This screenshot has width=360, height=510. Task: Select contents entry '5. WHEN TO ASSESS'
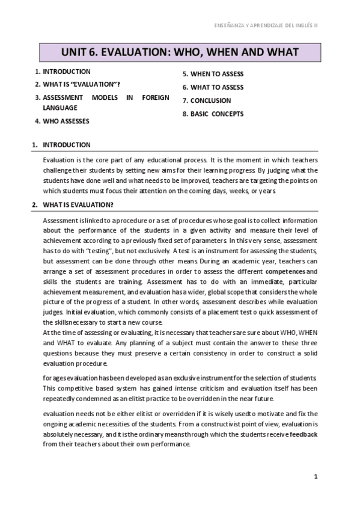tap(213, 75)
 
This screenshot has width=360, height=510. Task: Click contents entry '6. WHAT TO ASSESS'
tap(213, 87)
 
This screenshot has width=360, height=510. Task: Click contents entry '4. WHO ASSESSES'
tap(62, 121)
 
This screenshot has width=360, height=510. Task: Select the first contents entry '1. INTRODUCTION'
tap(63, 72)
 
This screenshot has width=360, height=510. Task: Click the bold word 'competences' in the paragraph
tap(286, 271)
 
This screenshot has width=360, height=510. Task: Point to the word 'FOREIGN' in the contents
tap(154, 97)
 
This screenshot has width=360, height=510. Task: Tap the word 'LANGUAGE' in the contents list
tap(59, 108)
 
